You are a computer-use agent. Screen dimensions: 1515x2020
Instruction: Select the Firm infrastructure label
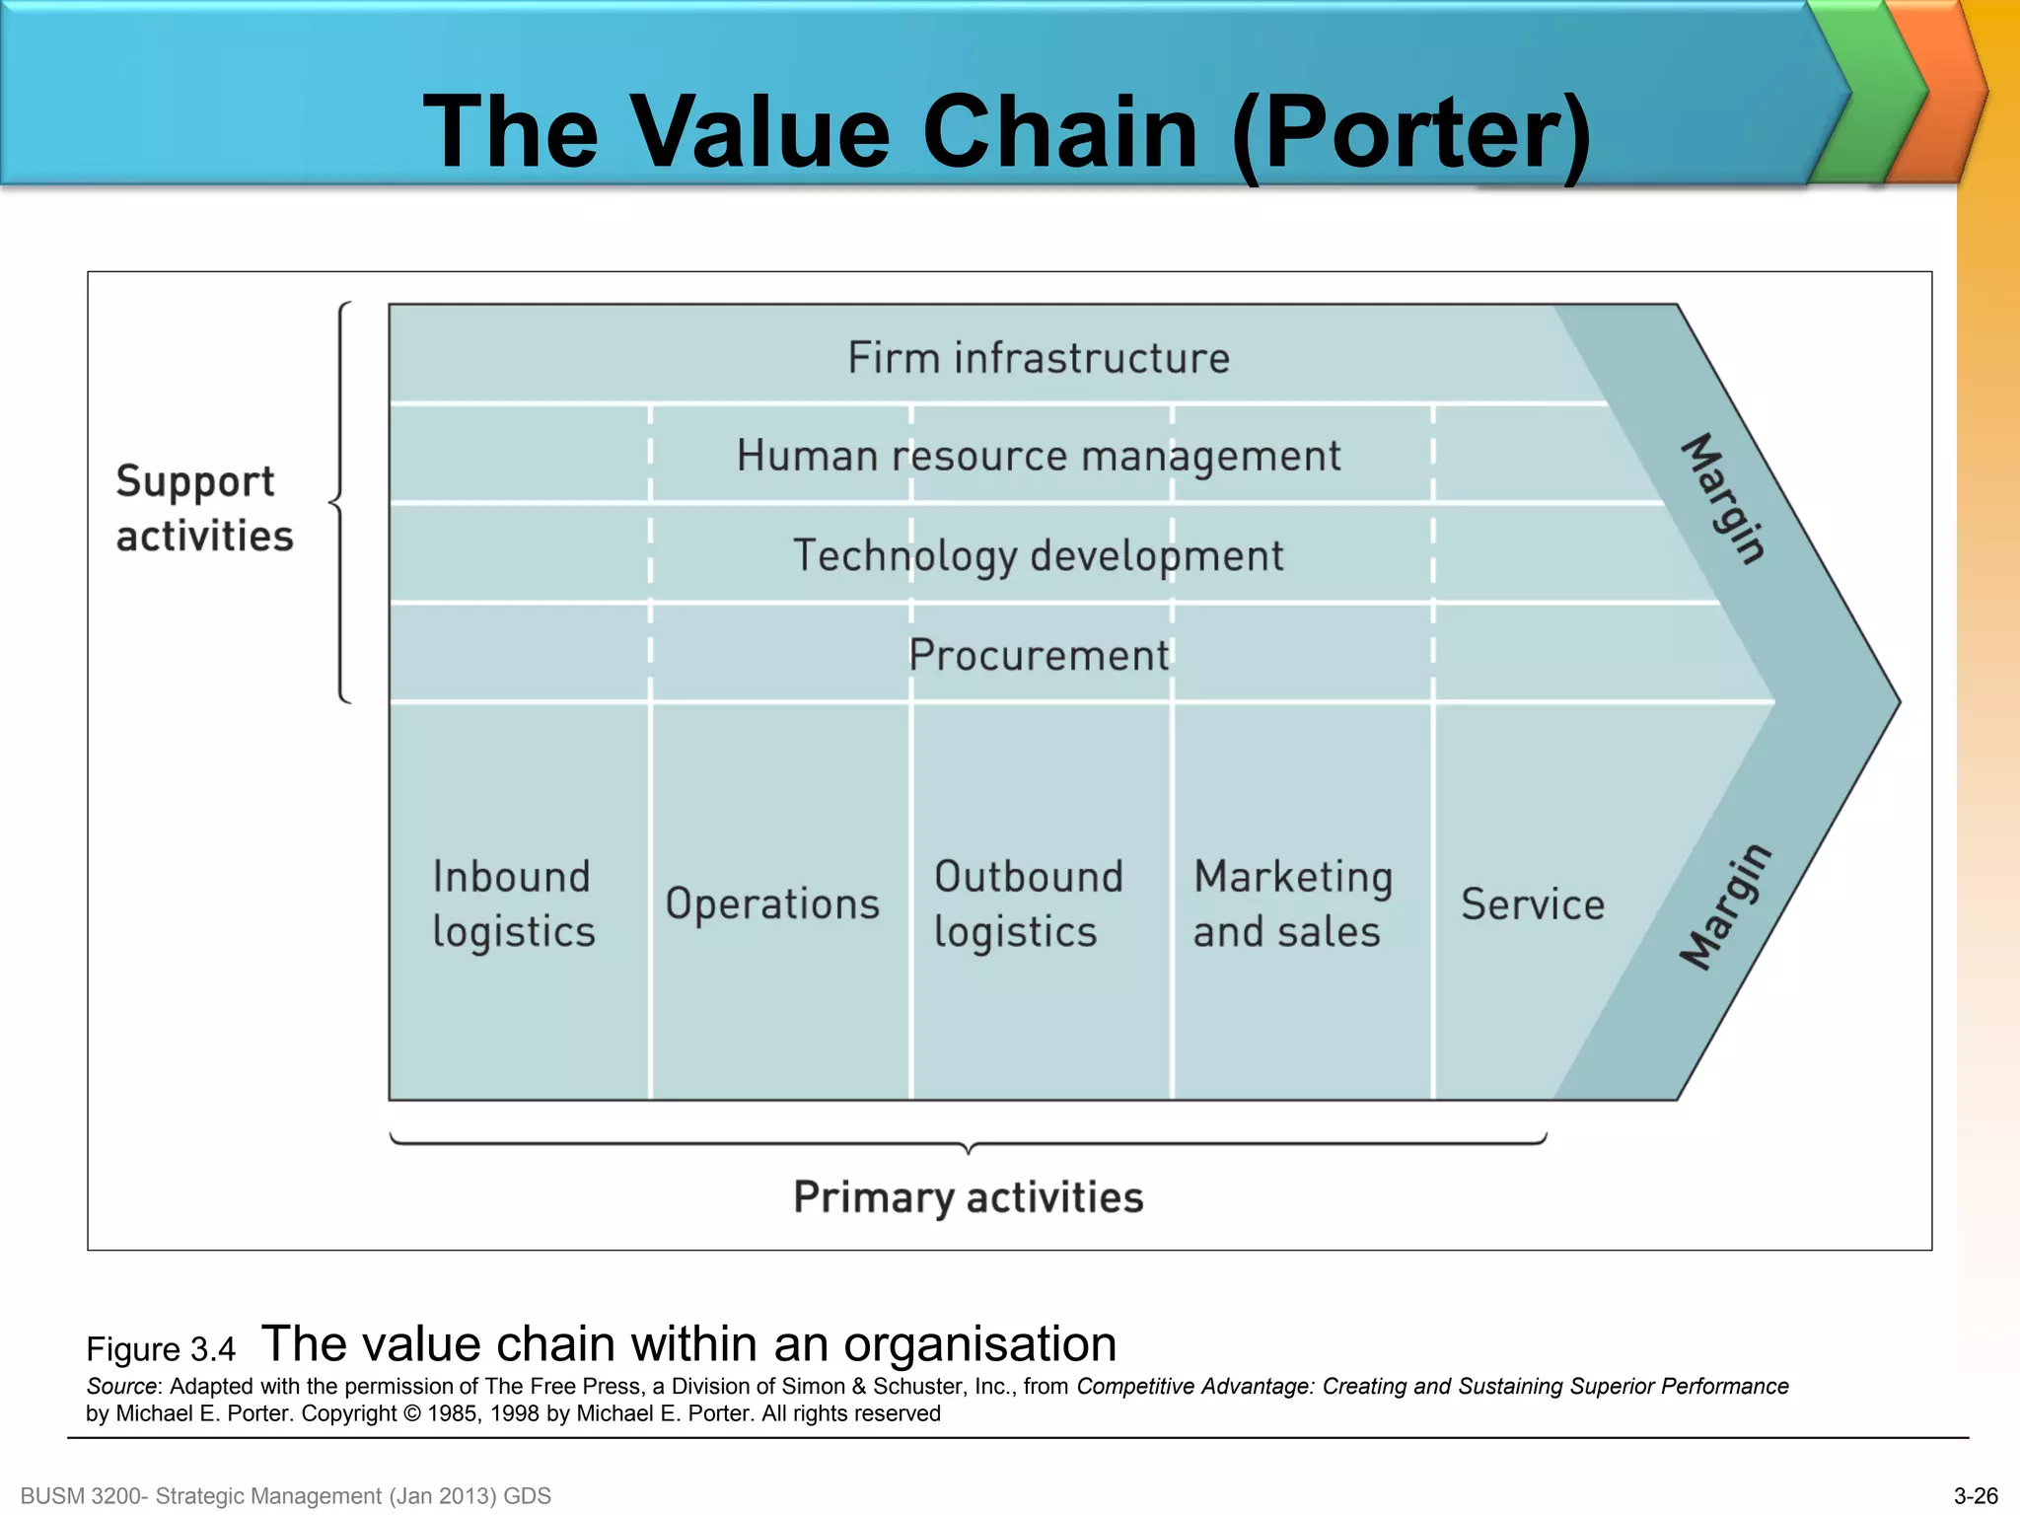1039,357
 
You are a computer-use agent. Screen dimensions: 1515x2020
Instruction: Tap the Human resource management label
1039,456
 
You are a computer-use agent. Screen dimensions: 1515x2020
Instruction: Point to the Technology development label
1039,555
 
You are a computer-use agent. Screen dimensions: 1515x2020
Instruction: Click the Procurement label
1039,655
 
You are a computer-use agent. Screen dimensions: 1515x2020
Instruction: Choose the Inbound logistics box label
513,903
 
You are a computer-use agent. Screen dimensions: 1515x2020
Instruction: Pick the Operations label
772,903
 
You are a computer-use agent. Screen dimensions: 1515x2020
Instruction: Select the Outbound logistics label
1028,903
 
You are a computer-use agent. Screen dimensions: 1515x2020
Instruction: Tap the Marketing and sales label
1292,903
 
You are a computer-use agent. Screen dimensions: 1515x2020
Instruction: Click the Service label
1532,903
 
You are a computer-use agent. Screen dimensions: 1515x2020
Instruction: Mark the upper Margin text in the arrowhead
1723,499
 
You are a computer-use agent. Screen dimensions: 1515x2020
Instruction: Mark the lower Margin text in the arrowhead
1726,906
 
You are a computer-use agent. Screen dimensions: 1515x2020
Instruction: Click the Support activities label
204,508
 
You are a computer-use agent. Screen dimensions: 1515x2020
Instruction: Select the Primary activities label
969,1197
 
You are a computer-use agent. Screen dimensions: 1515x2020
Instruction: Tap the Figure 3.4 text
161,1348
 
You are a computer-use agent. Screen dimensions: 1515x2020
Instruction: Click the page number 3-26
1975,1495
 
